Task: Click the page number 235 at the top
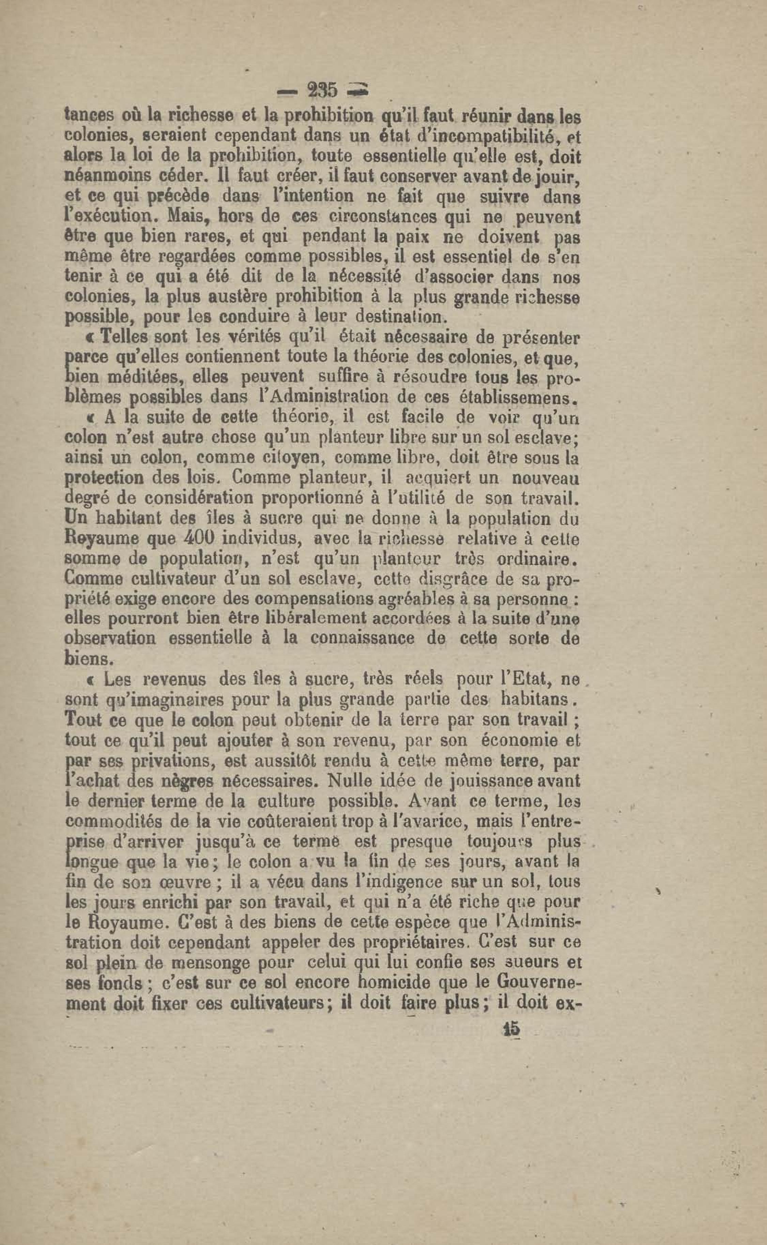tap(322, 91)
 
